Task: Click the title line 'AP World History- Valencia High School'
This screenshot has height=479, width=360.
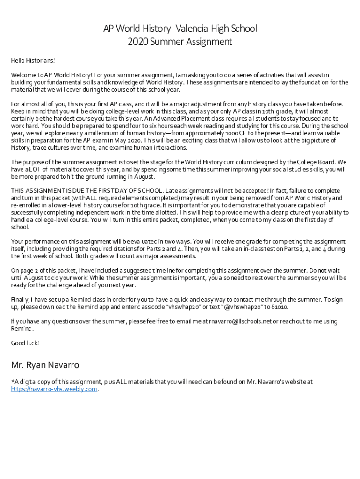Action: pos(180,29)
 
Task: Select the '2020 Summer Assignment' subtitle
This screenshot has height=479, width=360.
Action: pos(180,42)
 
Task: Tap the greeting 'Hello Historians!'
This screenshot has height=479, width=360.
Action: pos(33,60)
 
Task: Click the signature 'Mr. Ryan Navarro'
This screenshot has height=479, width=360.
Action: pos(45,365)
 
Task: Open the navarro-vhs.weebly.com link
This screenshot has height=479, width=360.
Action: pos(54,389)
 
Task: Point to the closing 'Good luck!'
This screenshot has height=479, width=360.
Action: pos(25,343)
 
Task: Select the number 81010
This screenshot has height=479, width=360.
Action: pos(279,307)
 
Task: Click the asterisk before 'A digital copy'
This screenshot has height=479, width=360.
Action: pos(12,382)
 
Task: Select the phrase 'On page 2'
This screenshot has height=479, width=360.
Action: pos(25,271)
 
